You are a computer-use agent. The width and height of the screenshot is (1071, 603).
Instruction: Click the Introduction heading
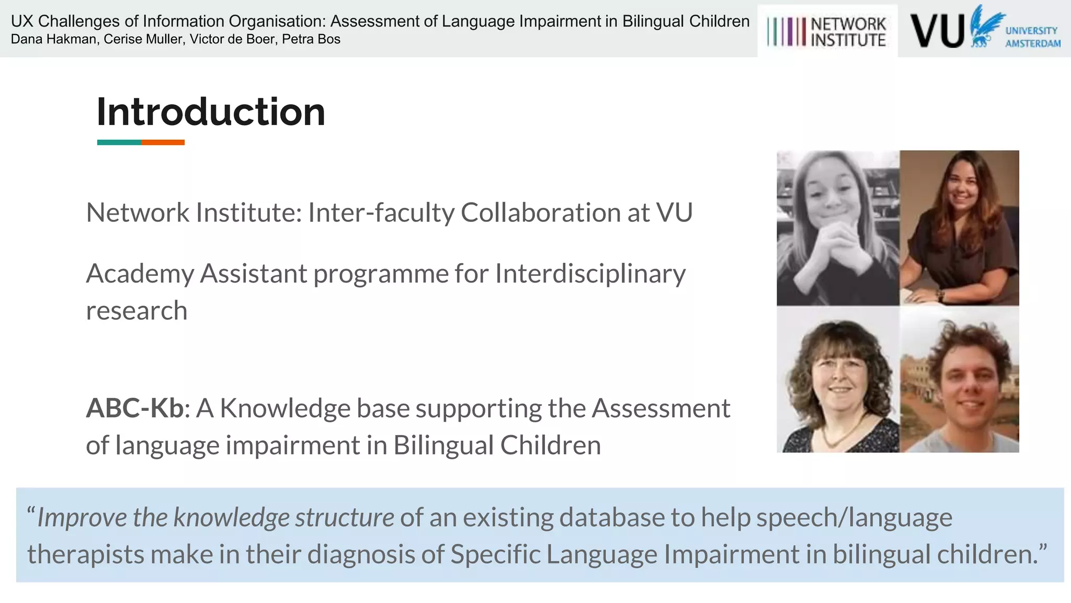pyautogui.click(x=211, y=112)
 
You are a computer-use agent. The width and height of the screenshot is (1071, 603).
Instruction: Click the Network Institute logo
pyautogui.click(x=827, y=31)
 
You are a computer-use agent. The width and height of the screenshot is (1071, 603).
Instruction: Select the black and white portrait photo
pyautogui.click(x=838, y=228)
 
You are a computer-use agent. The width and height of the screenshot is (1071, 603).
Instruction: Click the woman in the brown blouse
pyautogui.click(x=960, y=228)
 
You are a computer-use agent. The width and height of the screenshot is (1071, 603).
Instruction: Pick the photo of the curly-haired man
pyautogui.click(x=960, y=379)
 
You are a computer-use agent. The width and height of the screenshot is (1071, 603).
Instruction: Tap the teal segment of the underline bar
pyautogui.click(x=119, y=142)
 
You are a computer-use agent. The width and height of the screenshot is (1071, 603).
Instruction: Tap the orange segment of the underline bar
pyautogui.click(x=163, y=142)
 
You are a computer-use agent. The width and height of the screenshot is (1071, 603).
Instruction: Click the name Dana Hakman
pyautogui.click(x=54, y=39)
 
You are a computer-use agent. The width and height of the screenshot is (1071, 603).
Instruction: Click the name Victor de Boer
pyautogui.click(x=233, y=39)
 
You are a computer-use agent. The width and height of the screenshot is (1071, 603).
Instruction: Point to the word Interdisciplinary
pyautogui.click(x=590, y=274)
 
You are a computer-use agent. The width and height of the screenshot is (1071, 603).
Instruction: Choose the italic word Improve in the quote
pyautogui.click(x=82, y=518)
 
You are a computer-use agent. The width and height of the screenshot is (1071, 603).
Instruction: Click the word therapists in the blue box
pyautogui.click(x=86, y=554)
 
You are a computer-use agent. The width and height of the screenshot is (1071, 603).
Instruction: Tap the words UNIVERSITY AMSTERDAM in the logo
pyautogui.click(x=1032, y=37)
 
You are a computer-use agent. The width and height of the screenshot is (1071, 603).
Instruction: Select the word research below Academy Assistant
pyautogui.click(x=136, y=311)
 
